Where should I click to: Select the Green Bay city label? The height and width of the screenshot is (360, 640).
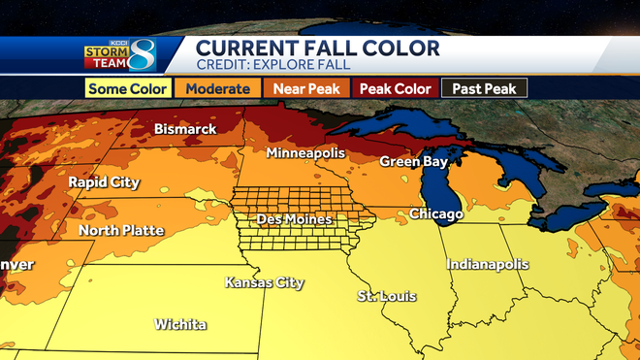coord(411,161)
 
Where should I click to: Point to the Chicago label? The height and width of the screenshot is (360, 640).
coord(435,213)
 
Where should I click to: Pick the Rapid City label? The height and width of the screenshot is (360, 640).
coord(104,182)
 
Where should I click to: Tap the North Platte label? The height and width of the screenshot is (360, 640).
coord(120,230)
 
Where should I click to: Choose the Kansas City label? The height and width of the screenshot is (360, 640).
coord(264,283)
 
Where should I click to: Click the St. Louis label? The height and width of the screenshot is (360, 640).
coord(382,295)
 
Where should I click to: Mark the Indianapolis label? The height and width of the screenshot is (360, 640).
coord(487,264)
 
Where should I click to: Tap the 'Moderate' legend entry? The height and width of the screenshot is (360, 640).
coord(219,88)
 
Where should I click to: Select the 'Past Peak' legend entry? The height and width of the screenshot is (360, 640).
coord(485,88)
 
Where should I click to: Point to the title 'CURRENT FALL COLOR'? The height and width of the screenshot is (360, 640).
coord(318,48)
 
